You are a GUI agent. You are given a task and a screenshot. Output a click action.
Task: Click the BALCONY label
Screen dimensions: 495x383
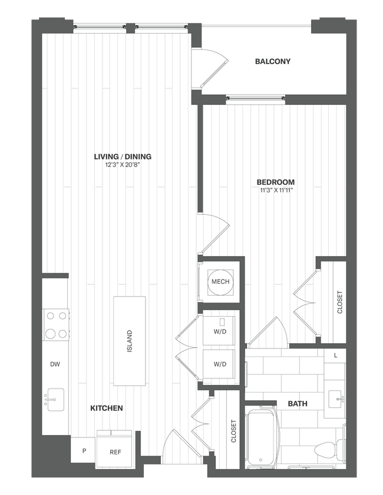click(x=273, y=61)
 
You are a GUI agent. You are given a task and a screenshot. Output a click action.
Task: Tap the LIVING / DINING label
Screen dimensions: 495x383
click(x=123, y=157)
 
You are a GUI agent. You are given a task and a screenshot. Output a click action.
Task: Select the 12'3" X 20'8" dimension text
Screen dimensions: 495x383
click(x=123, y=165)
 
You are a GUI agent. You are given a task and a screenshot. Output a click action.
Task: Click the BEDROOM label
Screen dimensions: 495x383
click(x=276, y=182)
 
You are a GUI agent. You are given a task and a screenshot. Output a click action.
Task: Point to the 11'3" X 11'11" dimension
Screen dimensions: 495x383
click(x=276, y=191)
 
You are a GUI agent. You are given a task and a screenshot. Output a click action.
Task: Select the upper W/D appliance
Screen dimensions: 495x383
click(x=219, y=330)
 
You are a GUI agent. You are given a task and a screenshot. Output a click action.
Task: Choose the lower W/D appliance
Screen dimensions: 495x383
click(x=219, y=364)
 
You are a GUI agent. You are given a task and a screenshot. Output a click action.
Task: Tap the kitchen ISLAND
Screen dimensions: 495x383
click(x=130, y=341)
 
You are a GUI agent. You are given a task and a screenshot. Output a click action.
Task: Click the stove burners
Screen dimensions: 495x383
click(x=55, y=324)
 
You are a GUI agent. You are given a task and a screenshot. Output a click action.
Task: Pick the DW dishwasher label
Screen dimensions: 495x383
click(x=55, y=364)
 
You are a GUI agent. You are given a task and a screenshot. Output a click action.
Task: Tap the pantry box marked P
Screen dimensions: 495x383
click(x=83, y=450)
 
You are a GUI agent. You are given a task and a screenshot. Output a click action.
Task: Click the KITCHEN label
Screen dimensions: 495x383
click(x=106, y=408)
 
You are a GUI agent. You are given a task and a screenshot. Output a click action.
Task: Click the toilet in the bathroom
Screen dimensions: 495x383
click(x=326, y=449)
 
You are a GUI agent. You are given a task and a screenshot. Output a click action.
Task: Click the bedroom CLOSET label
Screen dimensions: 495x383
click(x=340, y=303)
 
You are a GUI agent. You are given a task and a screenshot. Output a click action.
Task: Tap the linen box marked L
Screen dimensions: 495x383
click(x=335, y=356)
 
